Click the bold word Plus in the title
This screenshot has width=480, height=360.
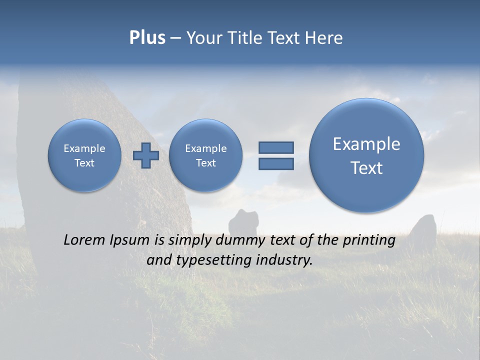(x=147, y=38)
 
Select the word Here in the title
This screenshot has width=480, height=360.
(x=324, y=38)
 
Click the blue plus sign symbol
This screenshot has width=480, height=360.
(x=146, y=155)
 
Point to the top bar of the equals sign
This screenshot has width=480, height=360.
(x=276, y=147)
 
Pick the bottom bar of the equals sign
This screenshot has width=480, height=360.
(x=276, y=164)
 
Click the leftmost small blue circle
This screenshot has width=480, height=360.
(x=84, y=155)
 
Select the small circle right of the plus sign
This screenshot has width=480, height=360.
(x=206, y=155)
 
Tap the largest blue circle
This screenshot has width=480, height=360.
(x=366, y=155)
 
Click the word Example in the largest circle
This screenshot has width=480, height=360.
(x=366, y=144)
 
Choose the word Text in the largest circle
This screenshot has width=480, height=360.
(x=366, y=168)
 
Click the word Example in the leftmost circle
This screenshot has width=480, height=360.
(x=84, y=148)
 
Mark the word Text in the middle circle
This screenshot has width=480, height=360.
(x=206, y=163)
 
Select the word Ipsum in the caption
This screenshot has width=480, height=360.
(x=131, y=240)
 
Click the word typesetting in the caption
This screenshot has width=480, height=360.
(x=212, y=260)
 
